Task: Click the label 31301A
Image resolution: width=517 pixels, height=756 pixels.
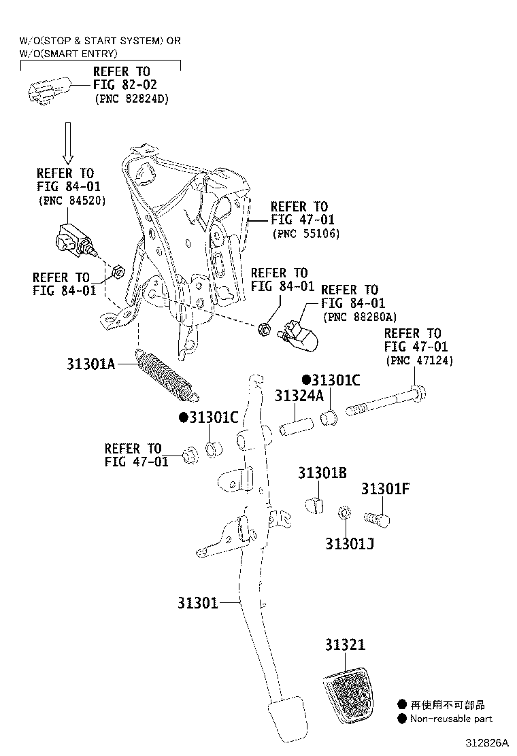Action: click(92, 364)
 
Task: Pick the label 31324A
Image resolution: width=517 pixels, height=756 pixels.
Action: click(299, 396)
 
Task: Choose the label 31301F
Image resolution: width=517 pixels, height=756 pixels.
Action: click(385, 489)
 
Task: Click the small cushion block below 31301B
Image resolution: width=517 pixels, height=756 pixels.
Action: click(316, 506)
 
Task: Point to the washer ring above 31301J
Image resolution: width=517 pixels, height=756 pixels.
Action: click(345, 511)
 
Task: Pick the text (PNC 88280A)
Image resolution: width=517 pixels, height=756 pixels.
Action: click(359, 317)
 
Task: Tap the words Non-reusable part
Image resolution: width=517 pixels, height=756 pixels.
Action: click(451, 719)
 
